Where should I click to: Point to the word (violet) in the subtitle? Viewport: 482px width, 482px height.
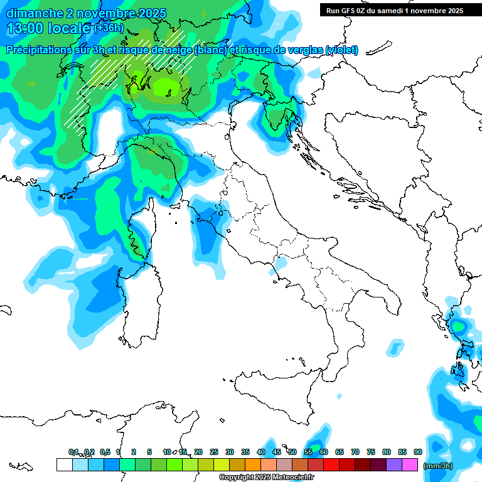(341, 50)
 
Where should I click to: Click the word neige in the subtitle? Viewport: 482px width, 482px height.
(176, 50)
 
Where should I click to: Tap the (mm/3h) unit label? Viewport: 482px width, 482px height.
(438, 466)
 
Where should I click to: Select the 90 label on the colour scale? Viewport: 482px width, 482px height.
(418, 452)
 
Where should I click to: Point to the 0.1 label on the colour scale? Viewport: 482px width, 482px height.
(73, 452)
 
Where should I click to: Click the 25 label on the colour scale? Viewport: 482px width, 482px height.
(214, 452)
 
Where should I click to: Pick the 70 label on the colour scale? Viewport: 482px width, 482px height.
(355, 452)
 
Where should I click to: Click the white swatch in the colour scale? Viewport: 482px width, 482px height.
(64, 465)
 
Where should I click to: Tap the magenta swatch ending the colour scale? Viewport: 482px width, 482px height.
(410, 465)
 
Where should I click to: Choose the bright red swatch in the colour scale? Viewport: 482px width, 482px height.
(331, 465)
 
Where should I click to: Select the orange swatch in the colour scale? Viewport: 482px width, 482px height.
(252, 465)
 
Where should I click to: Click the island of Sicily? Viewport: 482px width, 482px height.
(276, 392)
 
